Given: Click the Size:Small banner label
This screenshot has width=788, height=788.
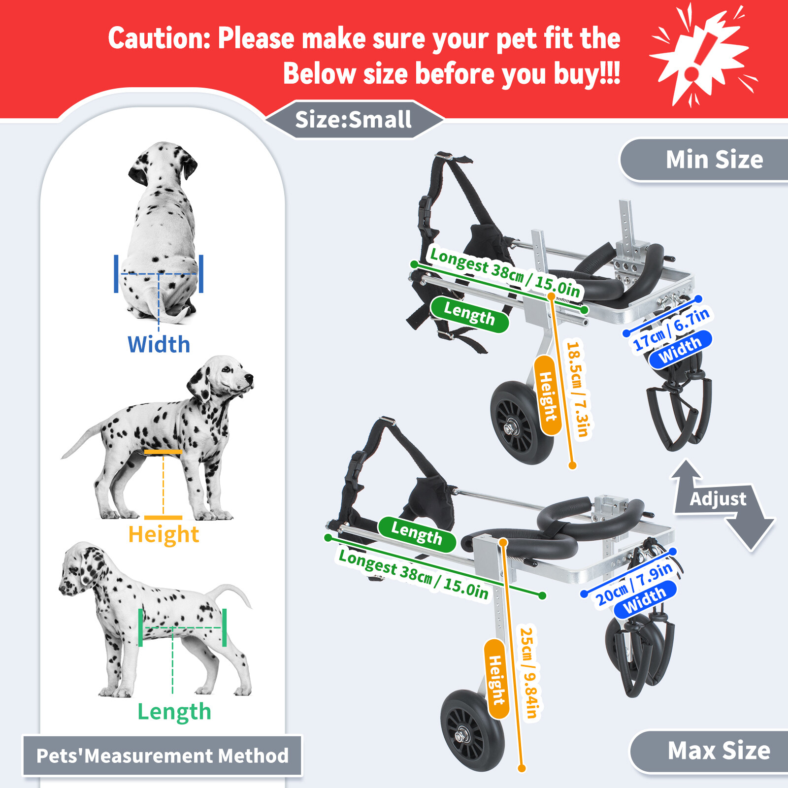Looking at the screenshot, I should coord(353,120).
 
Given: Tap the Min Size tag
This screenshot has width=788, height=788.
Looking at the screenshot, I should coord(714,160).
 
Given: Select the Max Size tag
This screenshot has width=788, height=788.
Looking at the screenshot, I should coord(719,751).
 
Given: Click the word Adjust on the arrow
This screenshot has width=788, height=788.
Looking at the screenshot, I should coord(718,498).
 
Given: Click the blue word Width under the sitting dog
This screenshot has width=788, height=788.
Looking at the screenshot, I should coord(159,344).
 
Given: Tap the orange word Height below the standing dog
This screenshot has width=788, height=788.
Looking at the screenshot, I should coord(164,534).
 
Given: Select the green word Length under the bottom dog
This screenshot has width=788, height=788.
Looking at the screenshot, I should coord(174,712).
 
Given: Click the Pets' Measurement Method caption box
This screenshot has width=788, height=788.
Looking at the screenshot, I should coord(163,756).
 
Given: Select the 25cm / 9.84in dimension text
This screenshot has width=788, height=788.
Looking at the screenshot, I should coord(530,672).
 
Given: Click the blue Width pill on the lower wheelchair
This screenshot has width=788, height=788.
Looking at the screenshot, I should coord(645,600).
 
